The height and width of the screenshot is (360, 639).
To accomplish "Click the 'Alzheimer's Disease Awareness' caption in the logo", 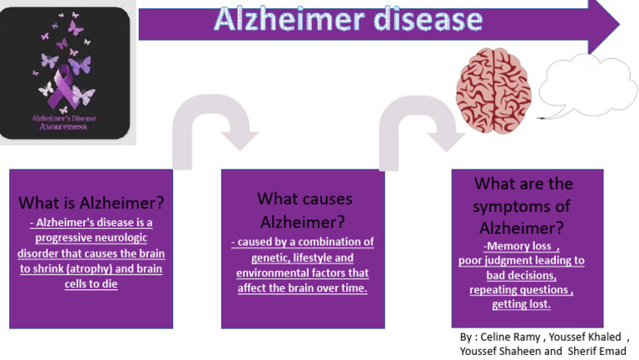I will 64,123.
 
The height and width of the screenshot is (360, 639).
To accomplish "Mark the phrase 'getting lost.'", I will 522,305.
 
